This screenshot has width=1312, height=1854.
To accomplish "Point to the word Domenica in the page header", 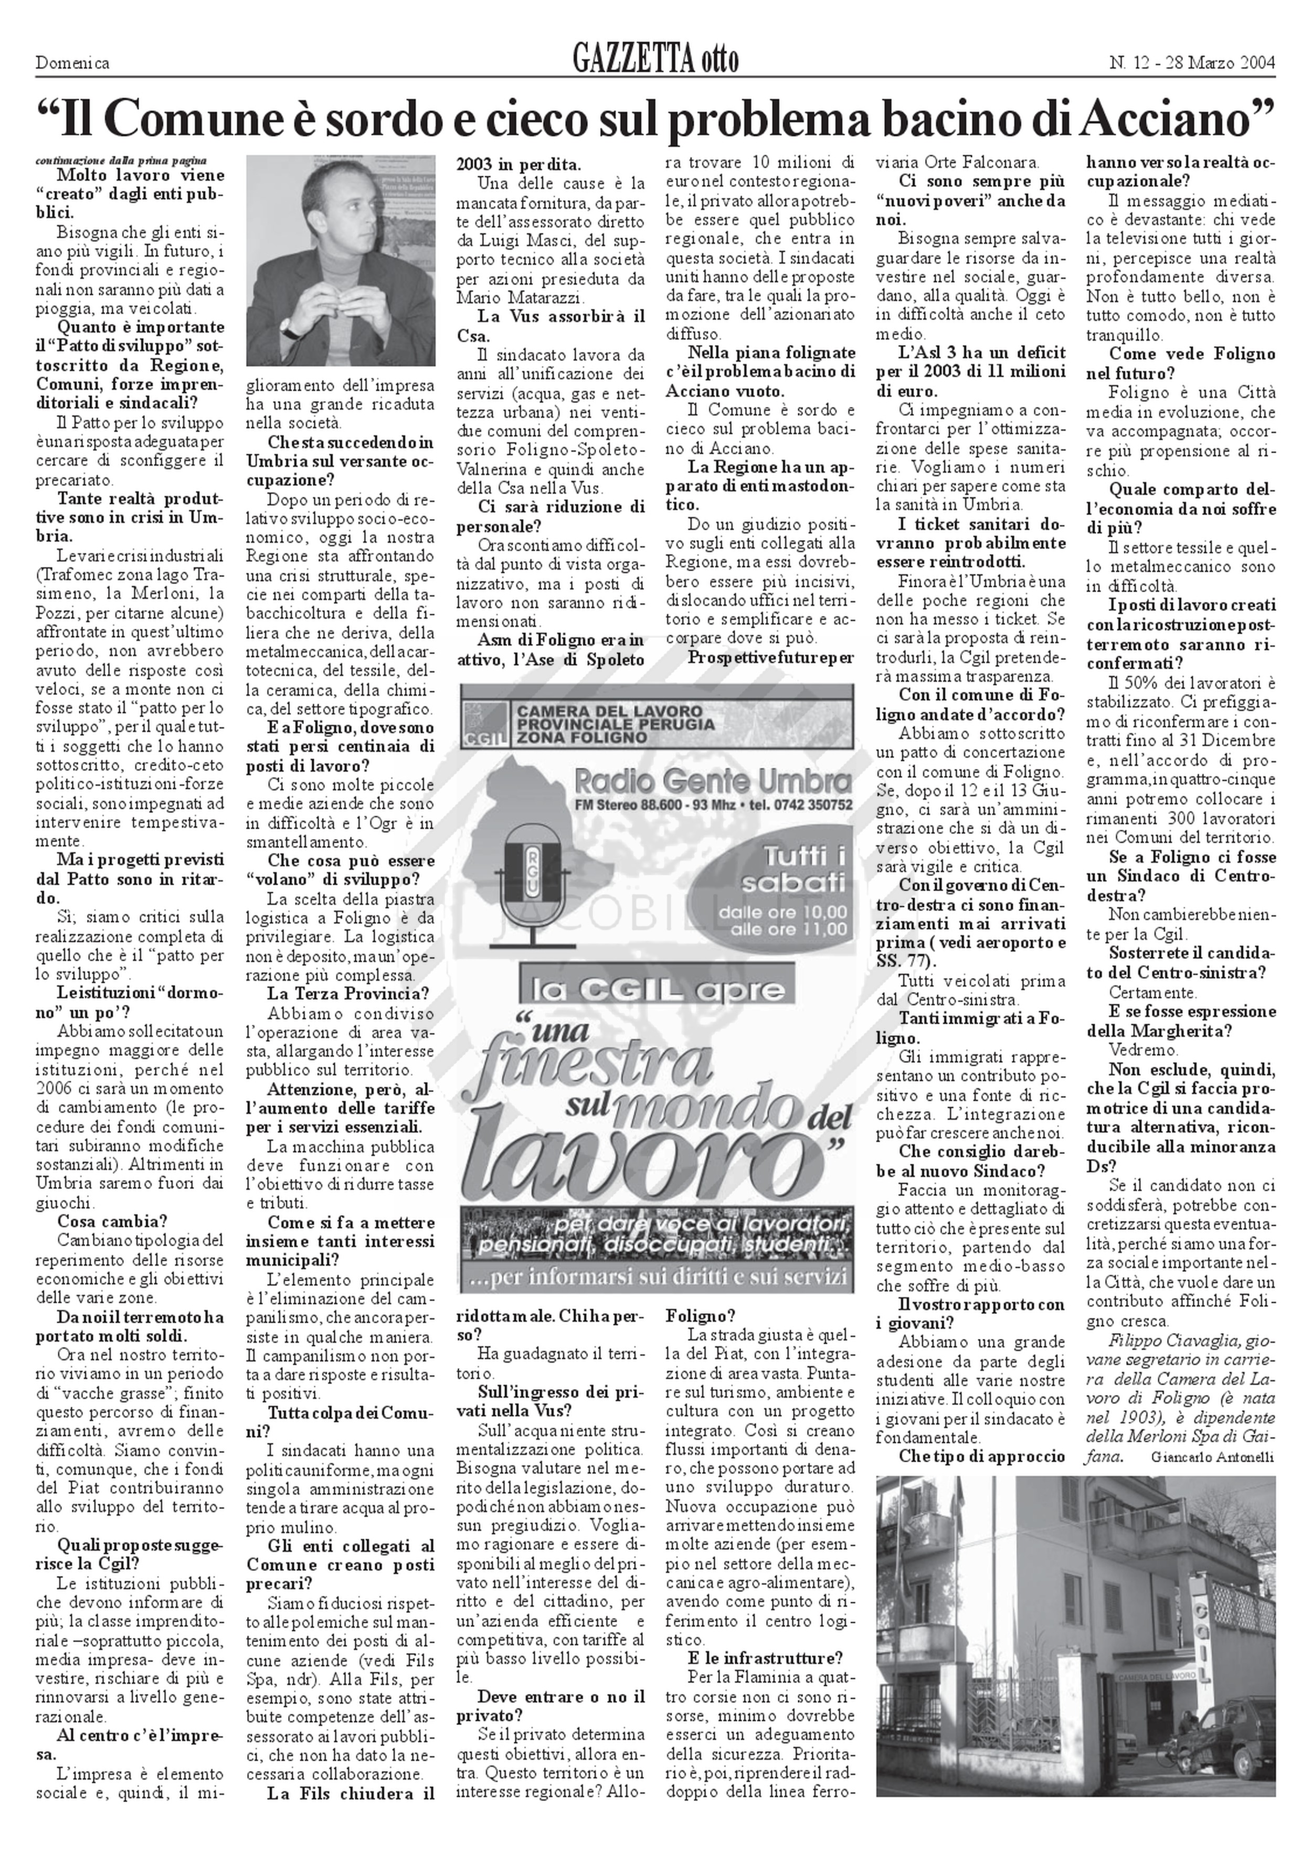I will coord(73,62).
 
